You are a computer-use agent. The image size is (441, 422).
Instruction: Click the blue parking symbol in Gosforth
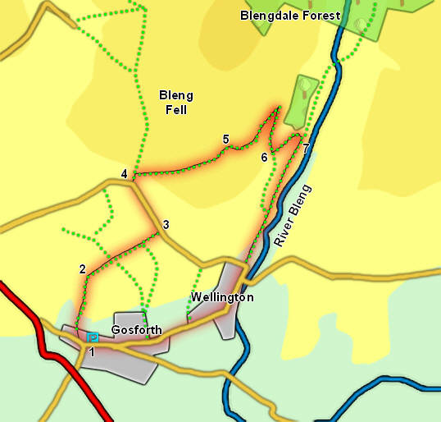[x=93, y=337]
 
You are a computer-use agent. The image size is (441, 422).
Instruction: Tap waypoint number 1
[x=92, y=352]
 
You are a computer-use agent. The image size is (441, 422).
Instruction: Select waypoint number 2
[x=82, y=268]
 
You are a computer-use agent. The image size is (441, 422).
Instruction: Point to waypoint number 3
[x=166, y=224]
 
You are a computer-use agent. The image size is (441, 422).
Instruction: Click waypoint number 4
[x=124, y=173]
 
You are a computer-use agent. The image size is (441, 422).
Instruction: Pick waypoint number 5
[x=225, y=140]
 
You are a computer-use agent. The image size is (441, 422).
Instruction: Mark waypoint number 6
[x=264, y=157]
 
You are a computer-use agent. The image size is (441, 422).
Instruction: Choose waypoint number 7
[x=306, y=148]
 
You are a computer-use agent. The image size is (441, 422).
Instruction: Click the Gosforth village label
[x=136, y=330]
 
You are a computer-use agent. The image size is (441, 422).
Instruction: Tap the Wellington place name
[x=222, y=296]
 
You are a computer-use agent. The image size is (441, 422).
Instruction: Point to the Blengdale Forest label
[x=290, y=15]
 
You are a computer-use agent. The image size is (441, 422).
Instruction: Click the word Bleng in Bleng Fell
[x=175, y=95]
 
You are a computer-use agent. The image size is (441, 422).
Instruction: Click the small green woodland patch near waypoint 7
[x=304, y=94]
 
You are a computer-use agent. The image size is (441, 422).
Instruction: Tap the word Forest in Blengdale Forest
[x=321, y=15]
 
